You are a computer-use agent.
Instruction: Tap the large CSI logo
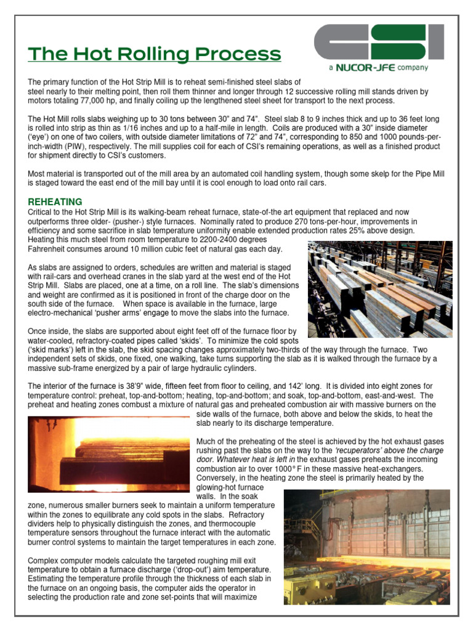[x=378, y=43]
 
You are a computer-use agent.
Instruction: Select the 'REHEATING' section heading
[x=55, y=202]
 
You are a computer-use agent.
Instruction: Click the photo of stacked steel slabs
[x=379, y=289]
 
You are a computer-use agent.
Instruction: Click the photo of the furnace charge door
[x=367, y=547]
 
